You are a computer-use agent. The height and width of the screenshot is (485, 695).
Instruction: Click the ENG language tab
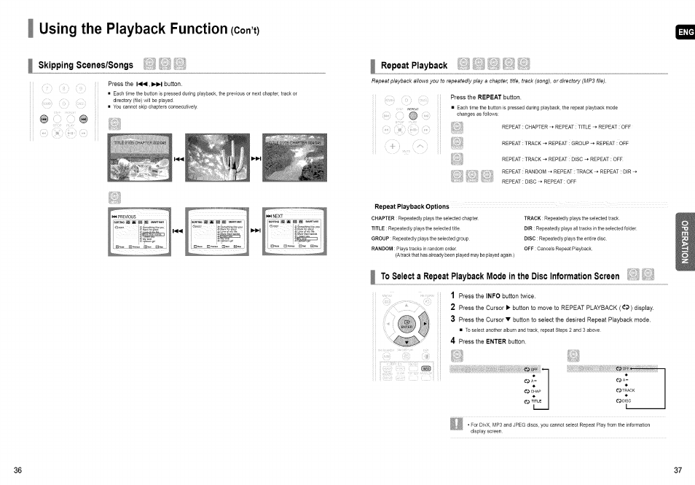click(686, 32)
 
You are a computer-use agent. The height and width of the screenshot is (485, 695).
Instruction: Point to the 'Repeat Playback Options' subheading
click(412, 206)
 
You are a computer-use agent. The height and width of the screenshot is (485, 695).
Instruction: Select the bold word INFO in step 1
click(492, 297)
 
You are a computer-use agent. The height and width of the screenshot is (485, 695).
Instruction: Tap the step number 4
click(452, 341)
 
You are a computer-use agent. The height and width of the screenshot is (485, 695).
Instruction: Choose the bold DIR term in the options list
click(529, 228)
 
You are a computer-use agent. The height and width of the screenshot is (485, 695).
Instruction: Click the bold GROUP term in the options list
click(380, 238)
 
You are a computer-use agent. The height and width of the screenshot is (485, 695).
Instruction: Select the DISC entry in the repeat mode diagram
click(623, 400)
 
